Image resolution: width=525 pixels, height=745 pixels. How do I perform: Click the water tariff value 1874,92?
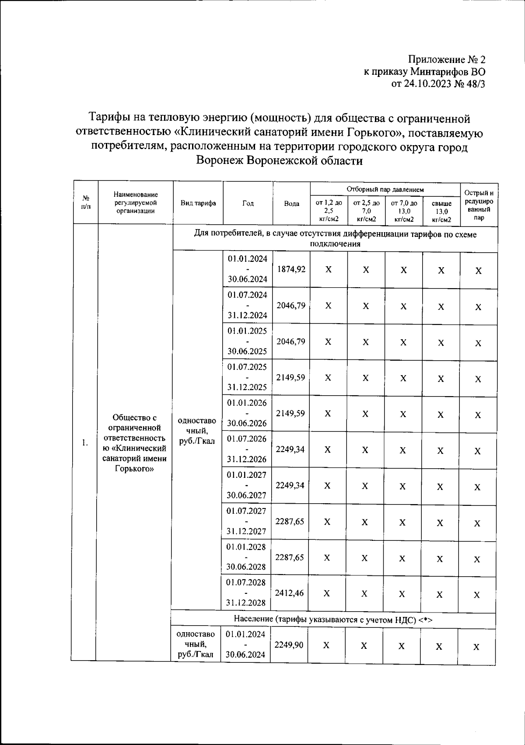(291, 270)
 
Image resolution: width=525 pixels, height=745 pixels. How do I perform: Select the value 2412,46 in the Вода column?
(289, 593)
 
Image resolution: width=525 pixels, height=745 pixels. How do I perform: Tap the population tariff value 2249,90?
(288, 645)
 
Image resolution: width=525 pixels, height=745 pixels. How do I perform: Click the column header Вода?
(292, 204)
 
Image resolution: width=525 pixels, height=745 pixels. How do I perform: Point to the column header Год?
(248, 203)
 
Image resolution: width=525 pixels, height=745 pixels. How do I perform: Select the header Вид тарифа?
(198, 203)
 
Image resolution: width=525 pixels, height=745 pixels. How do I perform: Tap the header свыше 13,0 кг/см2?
(441, 212)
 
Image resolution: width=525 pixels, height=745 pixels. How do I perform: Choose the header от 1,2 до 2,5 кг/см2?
(329, 211)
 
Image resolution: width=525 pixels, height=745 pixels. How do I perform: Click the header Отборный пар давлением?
(385, 189)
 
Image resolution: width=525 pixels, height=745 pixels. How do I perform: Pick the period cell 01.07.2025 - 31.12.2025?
(247, 377)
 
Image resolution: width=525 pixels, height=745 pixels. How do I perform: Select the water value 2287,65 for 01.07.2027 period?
(290, 521)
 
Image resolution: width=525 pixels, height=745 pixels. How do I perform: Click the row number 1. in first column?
(85, 443)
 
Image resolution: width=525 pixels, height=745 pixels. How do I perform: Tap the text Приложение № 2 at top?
(447, 59)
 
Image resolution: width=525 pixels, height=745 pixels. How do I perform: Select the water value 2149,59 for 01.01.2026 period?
(290, 413)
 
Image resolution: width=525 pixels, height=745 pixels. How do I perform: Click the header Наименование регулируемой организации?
(136, 202)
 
